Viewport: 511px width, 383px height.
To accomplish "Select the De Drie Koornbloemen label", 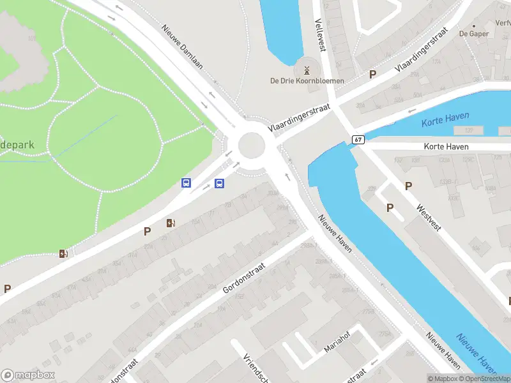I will tap(307, 81).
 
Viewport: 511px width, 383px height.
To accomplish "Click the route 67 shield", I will tap(358, 140).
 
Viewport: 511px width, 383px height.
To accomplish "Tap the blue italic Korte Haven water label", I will tap(445, 118).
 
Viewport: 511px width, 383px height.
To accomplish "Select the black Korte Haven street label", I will tap(446, 147).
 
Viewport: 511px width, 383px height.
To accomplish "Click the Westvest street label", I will tap(429, 218).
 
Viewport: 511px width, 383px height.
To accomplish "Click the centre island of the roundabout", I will tap(252, 146).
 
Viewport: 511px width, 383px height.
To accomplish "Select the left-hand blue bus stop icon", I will tap(187, 183).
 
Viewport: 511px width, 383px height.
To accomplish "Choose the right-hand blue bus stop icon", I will tap(219, 184).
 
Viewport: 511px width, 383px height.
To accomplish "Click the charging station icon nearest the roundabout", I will tap(171, 223).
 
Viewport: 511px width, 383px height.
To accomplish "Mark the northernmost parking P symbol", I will tap(372, 75).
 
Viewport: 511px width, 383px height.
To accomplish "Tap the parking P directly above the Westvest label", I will tap(408, 186).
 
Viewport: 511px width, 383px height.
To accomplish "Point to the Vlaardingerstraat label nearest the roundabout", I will tap(299, 119).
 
